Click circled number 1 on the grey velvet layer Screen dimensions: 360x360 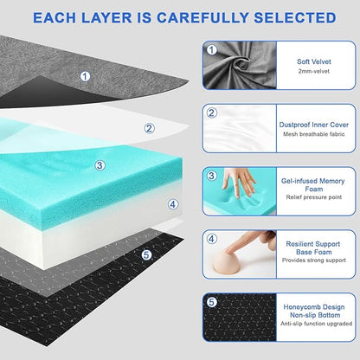[84, 76]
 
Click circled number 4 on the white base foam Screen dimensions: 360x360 [172, 204]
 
